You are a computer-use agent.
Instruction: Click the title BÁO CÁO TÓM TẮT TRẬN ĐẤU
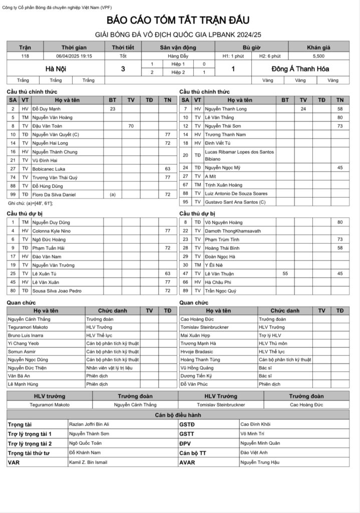point(178,21)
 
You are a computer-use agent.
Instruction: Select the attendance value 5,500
point(318,56)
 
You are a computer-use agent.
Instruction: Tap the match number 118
point(25,56)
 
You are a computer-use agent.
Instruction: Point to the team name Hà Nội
point(56,69)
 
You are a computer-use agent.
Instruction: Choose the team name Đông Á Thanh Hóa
point(300,69)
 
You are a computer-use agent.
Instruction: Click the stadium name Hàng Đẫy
point(178,56)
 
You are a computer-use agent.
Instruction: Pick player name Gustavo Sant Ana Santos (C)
point(237,202)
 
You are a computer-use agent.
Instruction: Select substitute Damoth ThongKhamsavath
point(234,230)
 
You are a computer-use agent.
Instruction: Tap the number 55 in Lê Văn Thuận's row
point(285,273)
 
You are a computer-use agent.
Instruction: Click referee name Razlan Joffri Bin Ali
point(89,424)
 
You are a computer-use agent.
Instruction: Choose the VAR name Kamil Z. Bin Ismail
point(88,462)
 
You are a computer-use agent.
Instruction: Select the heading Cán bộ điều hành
point(178,415)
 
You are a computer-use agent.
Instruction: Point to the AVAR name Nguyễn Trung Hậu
point(260,462)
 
